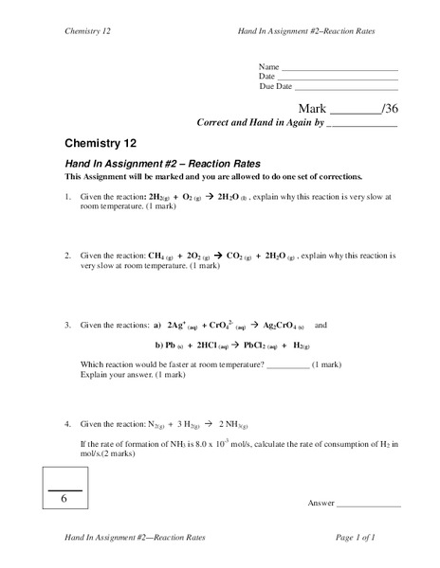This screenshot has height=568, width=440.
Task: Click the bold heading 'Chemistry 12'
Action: [x=101, y=144]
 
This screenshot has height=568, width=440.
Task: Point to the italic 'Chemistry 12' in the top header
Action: [x=90, y=33]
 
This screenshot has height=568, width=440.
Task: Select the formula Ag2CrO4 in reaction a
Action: [x=280, y=325]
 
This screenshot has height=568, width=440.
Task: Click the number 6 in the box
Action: [x=64, y=498]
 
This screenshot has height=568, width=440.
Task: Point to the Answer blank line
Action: [x=369, y=503]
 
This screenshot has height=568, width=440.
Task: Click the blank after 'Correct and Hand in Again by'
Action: [x=361, y=123]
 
